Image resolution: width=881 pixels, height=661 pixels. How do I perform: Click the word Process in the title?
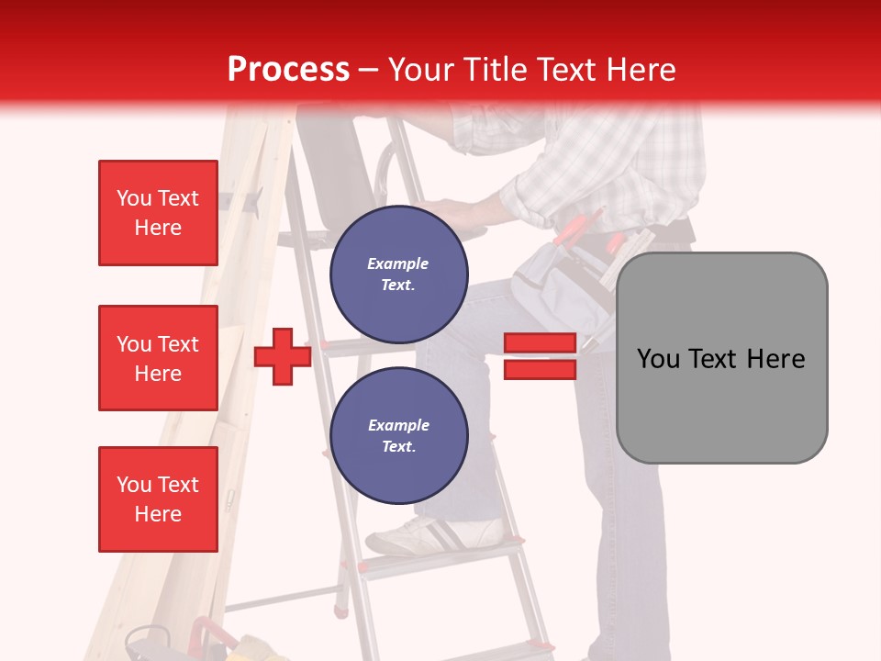pos(288,69)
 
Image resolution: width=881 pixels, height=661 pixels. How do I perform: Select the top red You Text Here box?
pos(158,213)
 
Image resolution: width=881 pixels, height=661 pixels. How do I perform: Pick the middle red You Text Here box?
pos(158,358)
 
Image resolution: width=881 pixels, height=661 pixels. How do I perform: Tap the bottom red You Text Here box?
pos(158,499)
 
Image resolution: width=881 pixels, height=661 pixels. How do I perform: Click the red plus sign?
pos(283,356)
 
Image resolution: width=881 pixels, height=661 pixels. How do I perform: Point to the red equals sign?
pos(540,356)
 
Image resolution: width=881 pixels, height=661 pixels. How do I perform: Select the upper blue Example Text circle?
pos(398,274)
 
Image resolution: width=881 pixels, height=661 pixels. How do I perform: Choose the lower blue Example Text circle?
pos(398,435)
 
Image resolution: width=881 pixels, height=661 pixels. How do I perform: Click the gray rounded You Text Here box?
pos(721,358)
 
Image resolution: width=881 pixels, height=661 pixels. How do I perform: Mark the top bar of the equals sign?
pos(540,343)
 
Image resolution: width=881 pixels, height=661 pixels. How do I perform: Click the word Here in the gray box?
pos(775,359)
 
